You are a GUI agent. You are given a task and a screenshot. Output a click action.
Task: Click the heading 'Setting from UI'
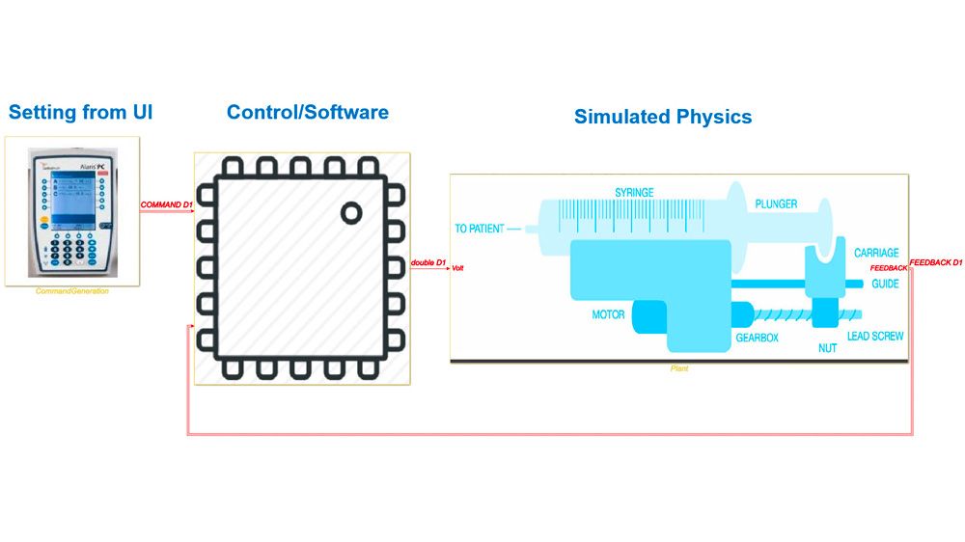[80, 113]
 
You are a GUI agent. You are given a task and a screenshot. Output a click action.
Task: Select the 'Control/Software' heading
[307, 113]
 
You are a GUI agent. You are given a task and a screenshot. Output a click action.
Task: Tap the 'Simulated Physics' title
[662, 118]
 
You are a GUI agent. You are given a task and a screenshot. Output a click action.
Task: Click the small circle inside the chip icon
[351, 212]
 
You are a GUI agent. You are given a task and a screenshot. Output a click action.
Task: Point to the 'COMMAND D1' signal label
[166, 205]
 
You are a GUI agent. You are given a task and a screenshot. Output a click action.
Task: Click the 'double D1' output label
[427, 262]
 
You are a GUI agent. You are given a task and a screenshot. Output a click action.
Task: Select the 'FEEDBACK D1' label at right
[936, 262]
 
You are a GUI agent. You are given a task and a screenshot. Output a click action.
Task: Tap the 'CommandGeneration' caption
[72, 291]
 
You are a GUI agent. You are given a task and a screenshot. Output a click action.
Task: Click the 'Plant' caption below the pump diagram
[679, 368]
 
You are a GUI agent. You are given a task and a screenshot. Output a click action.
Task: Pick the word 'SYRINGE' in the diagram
[634, 193]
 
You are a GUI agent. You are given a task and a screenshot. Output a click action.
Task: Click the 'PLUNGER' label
[775, 204]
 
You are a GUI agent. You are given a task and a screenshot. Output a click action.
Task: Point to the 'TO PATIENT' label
[481, 230]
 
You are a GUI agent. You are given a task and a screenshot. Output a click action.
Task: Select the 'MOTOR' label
[608, 314]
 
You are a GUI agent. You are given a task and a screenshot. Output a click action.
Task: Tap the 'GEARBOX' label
[757, 339]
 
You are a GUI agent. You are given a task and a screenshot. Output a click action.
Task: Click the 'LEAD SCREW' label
[874, 337]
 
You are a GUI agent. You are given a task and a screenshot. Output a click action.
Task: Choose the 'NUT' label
[827, 348]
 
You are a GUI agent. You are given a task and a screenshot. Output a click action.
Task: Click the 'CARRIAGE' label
[876, 253]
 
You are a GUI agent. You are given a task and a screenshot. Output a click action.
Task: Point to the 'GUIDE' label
[885, 285]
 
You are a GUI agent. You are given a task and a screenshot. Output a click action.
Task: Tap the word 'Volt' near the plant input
[457, 269]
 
